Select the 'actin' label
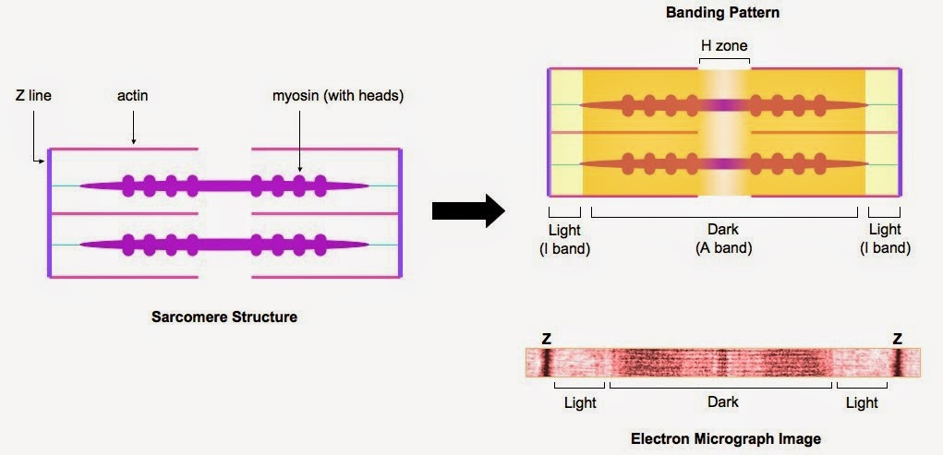[133, 95]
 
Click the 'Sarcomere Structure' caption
[224, 317]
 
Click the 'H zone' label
[724, 45]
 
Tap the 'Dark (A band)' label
[724, 238]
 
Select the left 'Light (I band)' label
[564, 238]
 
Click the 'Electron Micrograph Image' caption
[725, 438]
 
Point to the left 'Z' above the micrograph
[546, 339]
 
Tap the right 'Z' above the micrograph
[897, 339]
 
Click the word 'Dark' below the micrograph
[722, 402]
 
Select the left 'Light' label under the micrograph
[580, 402]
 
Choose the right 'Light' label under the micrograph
[862, 402]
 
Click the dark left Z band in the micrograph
[545, 363]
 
